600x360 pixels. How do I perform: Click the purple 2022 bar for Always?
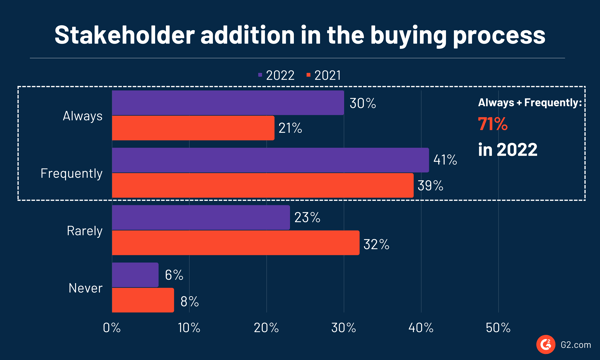pos(228,102)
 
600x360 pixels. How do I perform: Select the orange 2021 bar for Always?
pos(193,128)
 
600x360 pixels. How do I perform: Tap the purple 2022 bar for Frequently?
pos(270,160)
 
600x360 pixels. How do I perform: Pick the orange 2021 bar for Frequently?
pos(262,185)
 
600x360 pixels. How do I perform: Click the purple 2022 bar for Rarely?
pos(201,218)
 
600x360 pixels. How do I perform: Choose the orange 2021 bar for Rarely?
pos(236,243)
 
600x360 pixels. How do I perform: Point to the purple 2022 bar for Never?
pos(135,275)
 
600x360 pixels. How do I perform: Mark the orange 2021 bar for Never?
pos(143,300)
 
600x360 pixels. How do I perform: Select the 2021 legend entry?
pos(328,75)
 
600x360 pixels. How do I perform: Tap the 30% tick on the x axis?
pos(343,328)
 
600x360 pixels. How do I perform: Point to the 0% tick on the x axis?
pos(112,328)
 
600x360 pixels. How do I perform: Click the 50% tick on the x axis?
pos(498,328)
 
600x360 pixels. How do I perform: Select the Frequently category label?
pos(71,173)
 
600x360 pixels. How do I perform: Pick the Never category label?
pos(84,288)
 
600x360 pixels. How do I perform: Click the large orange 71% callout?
pos(492,125)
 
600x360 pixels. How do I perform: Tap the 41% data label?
pos(447,160)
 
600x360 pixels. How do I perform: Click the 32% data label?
pos(377,244)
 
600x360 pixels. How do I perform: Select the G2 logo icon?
pos(546,343)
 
